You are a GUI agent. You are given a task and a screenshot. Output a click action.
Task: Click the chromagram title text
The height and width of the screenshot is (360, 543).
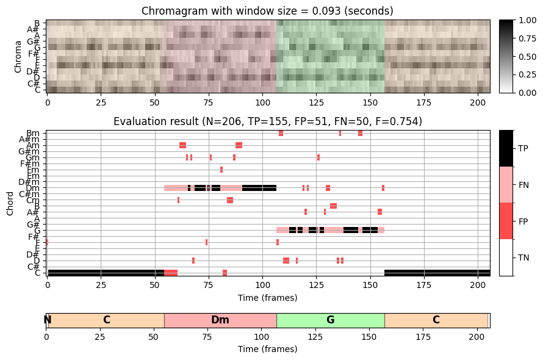click(267, 11)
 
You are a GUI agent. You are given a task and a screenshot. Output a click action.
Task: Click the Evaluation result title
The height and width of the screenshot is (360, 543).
click(267, 122)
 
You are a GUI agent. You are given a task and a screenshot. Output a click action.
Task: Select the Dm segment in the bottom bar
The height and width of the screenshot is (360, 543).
click(220, 320)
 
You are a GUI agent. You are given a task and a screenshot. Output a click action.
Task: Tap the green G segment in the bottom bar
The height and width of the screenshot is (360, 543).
click(330, 320)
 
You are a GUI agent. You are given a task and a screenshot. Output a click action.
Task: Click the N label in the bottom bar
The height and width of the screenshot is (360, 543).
click(48, 320)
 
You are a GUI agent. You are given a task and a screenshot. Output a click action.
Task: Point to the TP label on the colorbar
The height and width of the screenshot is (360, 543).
click(523, 148)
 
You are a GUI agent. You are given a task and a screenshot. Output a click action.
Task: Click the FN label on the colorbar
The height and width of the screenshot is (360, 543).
click(523, 185)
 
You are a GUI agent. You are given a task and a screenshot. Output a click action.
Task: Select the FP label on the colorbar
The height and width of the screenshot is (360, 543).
click(523, 221)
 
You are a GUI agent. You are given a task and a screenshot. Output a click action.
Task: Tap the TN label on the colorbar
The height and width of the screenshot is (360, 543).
click(523, 257)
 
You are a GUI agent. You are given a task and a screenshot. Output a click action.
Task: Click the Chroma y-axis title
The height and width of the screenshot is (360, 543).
click(18, 57)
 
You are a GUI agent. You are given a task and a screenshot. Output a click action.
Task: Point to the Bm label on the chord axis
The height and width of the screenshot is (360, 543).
click(34, 133)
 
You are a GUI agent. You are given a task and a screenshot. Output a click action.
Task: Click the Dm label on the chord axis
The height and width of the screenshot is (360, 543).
click(33, 188)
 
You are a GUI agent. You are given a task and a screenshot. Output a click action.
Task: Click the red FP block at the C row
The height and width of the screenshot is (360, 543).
click(171, 273)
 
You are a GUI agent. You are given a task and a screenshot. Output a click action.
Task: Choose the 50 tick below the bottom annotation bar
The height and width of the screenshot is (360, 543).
click(154, 337)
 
